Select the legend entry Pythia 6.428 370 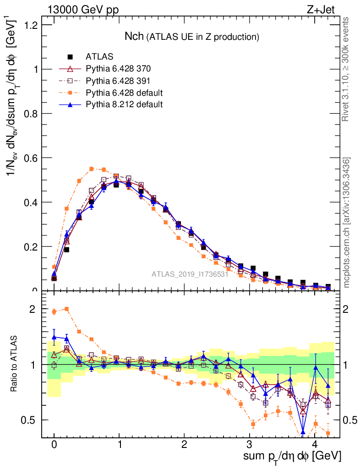coord(118,69)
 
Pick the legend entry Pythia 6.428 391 coord(118,81)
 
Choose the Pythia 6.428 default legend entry coord(124,93)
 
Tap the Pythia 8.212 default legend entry coord(124,104)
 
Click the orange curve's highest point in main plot coord(92,169)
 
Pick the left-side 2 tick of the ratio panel coord(33,309)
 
